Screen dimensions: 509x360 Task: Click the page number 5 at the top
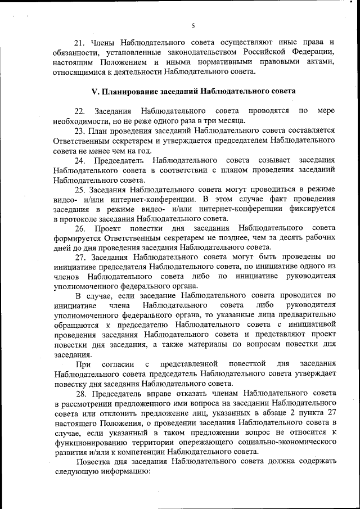[x=192, y=26]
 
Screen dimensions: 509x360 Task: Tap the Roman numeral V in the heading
[x=94, y=91]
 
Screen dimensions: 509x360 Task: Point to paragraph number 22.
[x=79, y=111]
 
